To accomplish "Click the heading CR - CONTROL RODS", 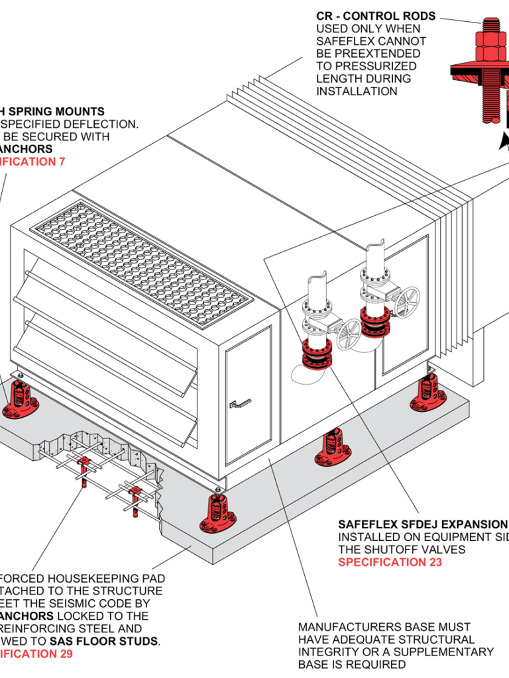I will [376, 16].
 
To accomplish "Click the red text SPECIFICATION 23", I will [390, 562].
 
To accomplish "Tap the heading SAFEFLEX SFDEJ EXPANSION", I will [422, 524].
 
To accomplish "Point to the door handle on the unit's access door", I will [239, 402].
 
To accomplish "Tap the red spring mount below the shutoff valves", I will [333, 449].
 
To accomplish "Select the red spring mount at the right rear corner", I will [428, 392].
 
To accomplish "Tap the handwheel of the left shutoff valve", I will [349, 334].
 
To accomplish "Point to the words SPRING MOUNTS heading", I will [64, 111].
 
